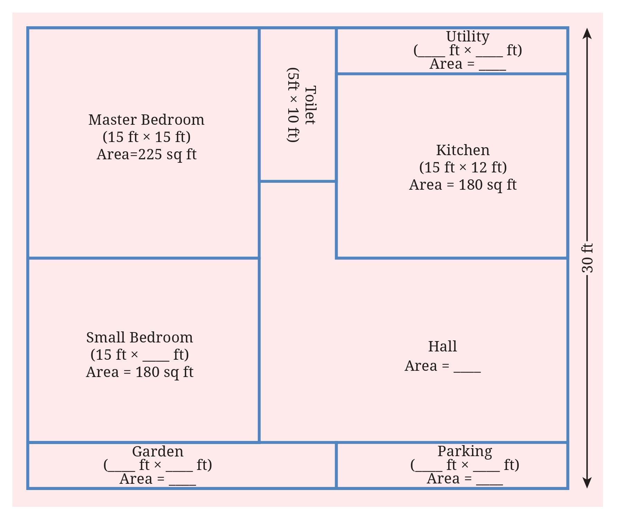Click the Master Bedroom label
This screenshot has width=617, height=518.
146,120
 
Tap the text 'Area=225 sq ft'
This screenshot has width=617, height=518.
146,154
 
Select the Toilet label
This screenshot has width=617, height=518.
310,105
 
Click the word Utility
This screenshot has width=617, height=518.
468,36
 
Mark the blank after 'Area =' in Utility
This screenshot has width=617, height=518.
492,66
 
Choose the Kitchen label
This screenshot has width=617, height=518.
463,150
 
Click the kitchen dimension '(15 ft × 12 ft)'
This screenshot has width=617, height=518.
463,168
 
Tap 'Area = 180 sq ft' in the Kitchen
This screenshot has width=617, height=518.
463,185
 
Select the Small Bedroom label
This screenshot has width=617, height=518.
139,338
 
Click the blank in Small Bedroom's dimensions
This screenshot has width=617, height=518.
156,357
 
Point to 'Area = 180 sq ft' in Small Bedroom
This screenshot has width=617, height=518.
139,372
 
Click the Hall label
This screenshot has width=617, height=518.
442,347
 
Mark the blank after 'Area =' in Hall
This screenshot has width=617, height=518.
467,368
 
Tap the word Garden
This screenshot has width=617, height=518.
157,452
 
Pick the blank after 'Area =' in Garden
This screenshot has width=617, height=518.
182,481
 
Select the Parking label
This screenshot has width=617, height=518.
464,451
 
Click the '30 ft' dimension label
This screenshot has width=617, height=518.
587,258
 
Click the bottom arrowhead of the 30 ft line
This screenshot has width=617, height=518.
587,482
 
